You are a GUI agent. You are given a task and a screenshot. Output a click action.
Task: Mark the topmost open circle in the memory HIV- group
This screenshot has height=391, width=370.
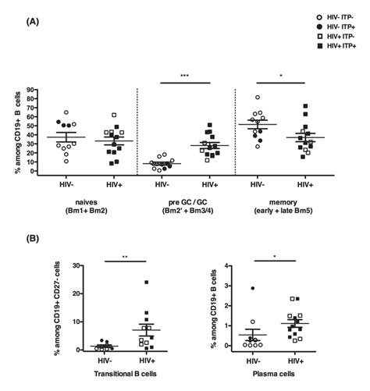point(258,98)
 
